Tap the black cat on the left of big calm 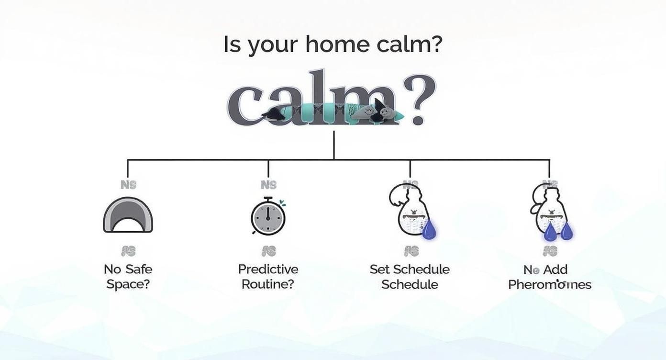(x=275, y=114)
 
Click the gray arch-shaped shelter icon (x=128, y=215)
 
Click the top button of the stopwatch (x=268, y=199)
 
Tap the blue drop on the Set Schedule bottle (x=429, y=229)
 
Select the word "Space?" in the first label (x=128, y=284)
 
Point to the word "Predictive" (x=268, y=270)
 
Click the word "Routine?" (x=267, y=284)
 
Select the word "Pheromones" (x=549, y=285)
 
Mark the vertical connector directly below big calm (x=333, y=145)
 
